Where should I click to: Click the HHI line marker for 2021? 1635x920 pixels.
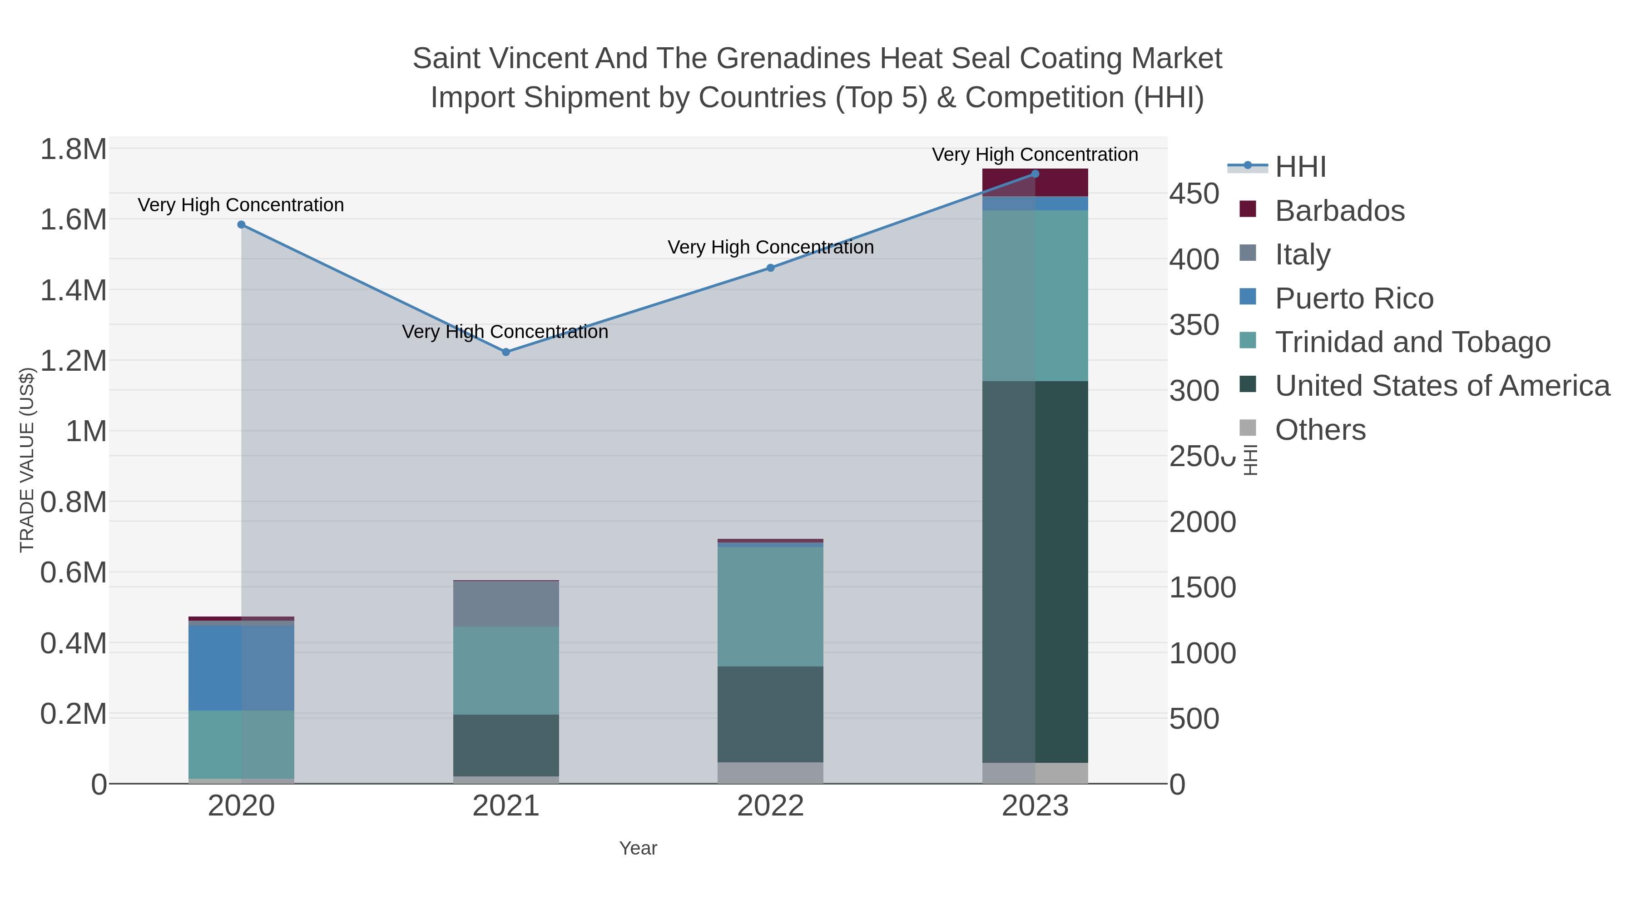click(x=506, y=352)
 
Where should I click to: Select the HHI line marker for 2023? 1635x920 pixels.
click(x=1035, y=174)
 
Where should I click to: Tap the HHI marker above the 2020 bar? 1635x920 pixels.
click(x=241, y=225)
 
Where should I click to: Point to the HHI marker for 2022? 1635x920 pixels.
click(x=771, y=268)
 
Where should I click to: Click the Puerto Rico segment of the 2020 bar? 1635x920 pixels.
click(x=241, y=668)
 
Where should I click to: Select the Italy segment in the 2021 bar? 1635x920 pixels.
click(x=506, y=604)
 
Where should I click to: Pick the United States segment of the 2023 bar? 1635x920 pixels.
click(x=1035, y=572)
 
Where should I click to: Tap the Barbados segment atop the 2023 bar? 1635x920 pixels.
click(x=1035, y=183)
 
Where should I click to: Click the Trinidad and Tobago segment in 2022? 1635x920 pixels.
click(x=771, y=607)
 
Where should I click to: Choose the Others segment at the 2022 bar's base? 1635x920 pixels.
click(x=771, y=773)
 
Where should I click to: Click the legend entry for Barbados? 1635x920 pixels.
click(x=1339, y=211)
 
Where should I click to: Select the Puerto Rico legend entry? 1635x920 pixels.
click(x=1354, y=298)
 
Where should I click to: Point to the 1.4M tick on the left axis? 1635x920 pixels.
click(x=74, y=291)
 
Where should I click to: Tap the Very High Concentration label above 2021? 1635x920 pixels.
click(x=505, y=332)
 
